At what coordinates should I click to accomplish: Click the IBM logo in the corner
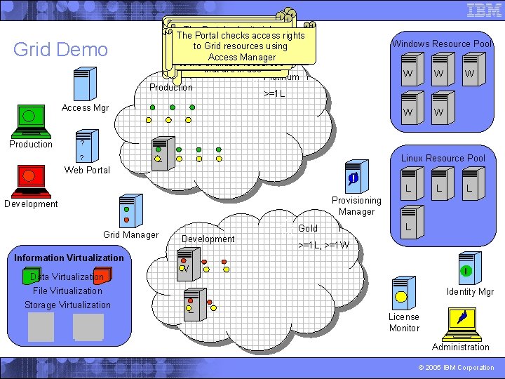(x=483, y=11)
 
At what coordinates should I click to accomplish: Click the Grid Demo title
(x=61, y=50)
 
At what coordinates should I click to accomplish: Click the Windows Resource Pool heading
(x=441, y=44)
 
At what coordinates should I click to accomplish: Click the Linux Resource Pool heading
(x=443, y=158)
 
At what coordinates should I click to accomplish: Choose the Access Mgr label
(x=86, y=107)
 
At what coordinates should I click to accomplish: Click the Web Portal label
(x=87, y=170)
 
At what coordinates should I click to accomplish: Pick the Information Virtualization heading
(x=69, y=258)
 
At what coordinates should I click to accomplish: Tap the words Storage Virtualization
(x=67, y=305)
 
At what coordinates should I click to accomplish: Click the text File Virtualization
(x=67, y=291)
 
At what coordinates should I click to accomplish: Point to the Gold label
(x=307, y=228)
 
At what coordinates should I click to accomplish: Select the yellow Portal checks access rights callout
(x=241, y=46)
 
